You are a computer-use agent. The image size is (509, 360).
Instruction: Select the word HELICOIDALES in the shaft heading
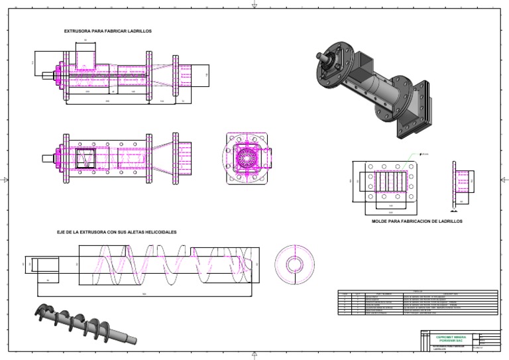tap(159, 232)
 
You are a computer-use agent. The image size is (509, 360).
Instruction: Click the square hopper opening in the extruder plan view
tap(85, 158)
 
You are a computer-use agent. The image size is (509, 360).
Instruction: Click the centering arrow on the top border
tap(254, 5)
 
